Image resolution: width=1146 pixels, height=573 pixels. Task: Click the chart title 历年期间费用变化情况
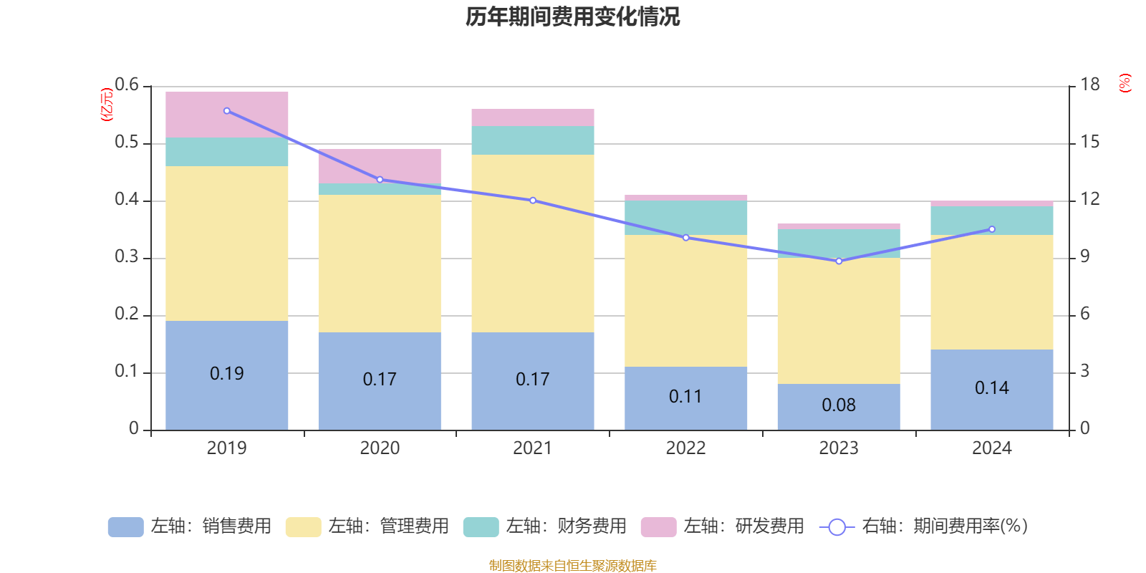pos(572,16)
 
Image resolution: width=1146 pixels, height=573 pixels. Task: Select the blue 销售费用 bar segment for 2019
pos(226,401)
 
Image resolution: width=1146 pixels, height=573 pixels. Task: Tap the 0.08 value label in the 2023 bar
pos(838,405)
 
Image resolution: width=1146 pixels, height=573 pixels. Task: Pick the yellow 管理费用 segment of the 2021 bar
pos(532,244)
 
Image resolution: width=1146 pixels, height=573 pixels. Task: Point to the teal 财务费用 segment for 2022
pos(685,217)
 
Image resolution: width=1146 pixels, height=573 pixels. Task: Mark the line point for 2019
pos(227,111)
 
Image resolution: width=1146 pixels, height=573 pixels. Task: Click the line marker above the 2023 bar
pos(839,261)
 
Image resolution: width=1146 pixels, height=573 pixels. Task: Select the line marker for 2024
pos(992,229)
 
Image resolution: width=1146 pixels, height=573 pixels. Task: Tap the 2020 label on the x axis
pos(380,448)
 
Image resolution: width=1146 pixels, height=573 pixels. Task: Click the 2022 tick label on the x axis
pos(685,448)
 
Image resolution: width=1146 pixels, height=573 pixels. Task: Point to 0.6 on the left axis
pos(127,85)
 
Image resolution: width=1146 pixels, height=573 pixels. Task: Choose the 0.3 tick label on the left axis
pos(127,257)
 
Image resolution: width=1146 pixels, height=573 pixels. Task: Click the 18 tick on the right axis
pos(1089,85)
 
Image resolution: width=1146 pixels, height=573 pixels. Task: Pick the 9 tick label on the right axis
pos(1084,257)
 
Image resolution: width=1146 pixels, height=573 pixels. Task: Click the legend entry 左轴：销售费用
pos(190,526)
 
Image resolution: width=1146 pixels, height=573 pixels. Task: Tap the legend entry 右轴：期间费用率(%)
pos(924,526)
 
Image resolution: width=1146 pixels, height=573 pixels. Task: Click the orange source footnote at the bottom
pos(572,566)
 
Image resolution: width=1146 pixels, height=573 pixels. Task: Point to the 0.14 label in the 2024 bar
pos(991,388)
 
